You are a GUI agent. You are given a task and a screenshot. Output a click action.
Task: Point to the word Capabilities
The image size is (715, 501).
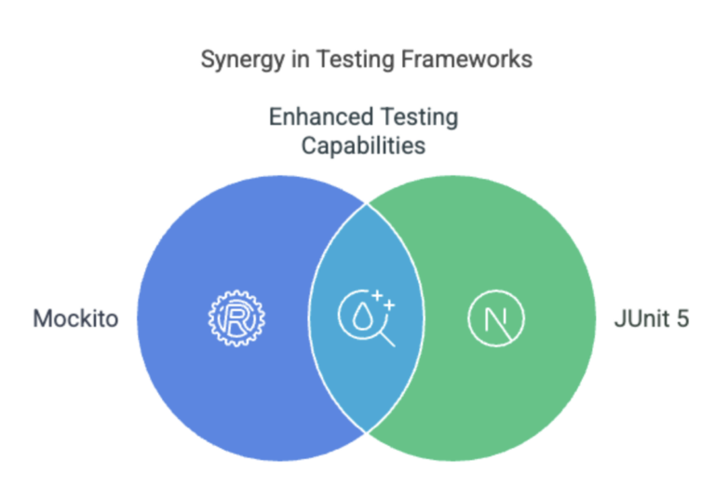coord(363,146)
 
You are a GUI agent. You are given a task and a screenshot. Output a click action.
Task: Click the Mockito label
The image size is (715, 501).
coord(75,318)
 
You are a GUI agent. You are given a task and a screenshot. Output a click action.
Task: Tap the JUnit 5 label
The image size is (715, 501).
coord(652,318)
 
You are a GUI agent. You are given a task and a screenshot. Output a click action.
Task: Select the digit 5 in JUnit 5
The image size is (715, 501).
coord(682,318)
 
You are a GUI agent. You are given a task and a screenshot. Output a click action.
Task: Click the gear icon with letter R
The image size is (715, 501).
coord(236,318)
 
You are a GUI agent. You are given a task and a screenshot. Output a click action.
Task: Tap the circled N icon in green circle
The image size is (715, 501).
coord(496,318)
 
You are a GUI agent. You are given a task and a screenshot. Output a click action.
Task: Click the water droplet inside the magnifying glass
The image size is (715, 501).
coord(363,316)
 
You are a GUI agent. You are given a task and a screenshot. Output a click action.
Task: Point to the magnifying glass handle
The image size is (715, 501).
coord(387,340)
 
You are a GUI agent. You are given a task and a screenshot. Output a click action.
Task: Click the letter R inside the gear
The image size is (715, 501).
coord(236,318)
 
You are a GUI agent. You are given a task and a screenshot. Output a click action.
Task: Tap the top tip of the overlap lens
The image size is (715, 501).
coord(367,204)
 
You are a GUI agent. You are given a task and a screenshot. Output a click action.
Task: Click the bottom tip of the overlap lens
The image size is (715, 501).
coord(367,433)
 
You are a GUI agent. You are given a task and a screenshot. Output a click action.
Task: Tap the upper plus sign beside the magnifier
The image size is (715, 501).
coord(377,296)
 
